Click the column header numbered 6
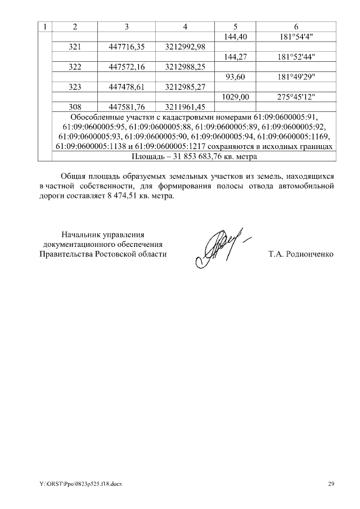click(x=296, y=26)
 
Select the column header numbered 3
click(x=127, y=26)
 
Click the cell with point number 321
click(x=75, y=47)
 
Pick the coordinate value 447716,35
click(x=127, y=47)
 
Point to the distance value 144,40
click(x=236, y=37)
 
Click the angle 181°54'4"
click(x=296, y=37)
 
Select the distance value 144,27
click(x=236, y=57)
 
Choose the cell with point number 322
click(x=75, y=67)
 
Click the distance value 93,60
click(x=236, y=77)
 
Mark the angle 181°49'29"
click(x=296, y=77)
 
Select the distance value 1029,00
click(x=236, y=97)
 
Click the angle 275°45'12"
click(x=296, y=97)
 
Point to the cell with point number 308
click(x=75, y=107)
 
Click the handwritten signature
click(x=219, y=248)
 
